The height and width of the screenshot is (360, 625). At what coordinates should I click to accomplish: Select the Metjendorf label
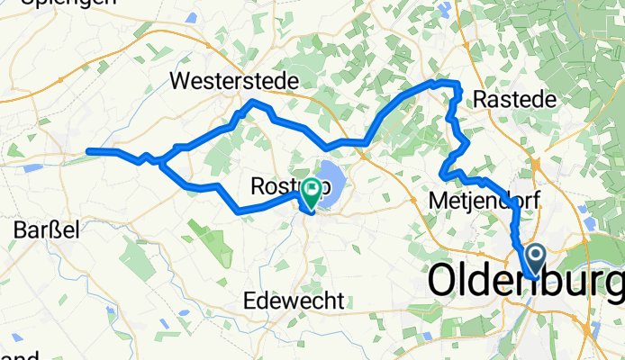tap(484, 200)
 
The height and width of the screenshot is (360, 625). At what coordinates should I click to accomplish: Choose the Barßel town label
tap(47, 230)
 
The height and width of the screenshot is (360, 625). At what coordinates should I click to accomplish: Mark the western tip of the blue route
tap(88, 151)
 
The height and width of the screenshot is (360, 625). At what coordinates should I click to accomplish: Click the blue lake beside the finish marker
tap(331, 175)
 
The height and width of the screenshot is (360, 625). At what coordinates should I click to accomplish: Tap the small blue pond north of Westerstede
tap(192, 17)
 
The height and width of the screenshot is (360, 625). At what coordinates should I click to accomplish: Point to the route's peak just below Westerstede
tap(255, 102)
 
